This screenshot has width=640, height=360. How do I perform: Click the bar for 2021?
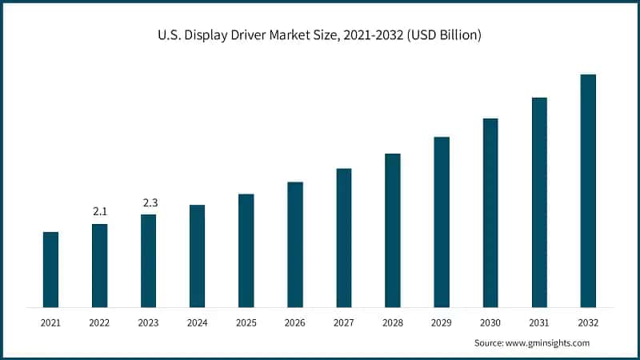click(x=50, y=269)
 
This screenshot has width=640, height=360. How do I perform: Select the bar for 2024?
click(x=197, y=255)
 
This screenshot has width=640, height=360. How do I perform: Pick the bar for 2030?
click(x=490, y=212)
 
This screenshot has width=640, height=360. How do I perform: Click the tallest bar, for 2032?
click(x=588, y=190)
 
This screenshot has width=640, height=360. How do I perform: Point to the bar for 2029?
click(x=442, y=222)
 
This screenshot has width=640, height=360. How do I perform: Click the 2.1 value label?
click(x=100, y=211)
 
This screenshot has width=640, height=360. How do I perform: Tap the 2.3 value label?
click(x=150, y=202)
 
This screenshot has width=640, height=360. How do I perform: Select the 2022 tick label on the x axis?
click(x=99, y=322)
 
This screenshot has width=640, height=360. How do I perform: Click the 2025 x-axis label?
click(x=246, y=322)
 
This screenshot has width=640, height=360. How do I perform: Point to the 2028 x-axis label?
click(x=393, y=322)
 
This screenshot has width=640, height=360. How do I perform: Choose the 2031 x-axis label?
click(x=539, y=322)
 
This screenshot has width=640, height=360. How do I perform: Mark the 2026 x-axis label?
click(x=295, y=322)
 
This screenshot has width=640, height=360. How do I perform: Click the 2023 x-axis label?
click(x=149, y=322)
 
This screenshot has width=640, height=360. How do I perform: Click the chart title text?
click(x=319, y=36)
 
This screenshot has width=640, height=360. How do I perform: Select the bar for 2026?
click(x=295, y=244)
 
